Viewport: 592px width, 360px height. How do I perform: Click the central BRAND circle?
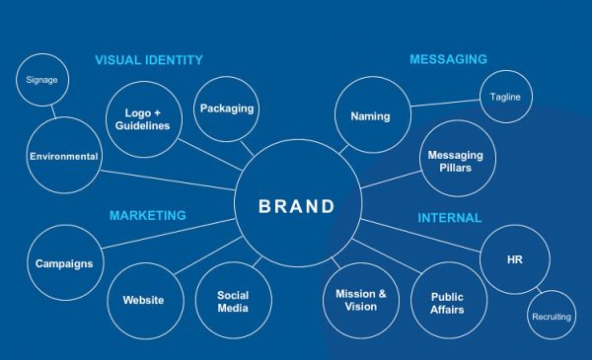click(297, 207)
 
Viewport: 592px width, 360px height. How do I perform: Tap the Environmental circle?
click(64, 156)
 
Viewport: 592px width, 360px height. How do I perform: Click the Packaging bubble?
click(227, 108)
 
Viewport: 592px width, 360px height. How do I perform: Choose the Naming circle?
click(370, 116)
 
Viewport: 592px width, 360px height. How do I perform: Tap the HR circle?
click(514, 258)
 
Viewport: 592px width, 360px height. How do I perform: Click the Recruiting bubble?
click(552, 317)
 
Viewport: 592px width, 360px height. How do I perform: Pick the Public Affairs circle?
click(447, 302)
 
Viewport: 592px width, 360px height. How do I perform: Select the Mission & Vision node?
click(361, 300)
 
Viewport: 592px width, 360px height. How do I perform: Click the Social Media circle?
click(234, 302)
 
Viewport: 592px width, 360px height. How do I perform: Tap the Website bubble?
click(143, 300)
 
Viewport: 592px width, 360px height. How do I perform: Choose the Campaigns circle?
click(64, 263)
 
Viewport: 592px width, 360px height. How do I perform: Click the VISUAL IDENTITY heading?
click(149, 60)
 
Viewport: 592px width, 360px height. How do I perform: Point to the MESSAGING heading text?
click(448, 60)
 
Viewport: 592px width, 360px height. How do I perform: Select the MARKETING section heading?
click(148, 215)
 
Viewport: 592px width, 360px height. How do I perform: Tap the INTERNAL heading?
click(449, 218)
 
